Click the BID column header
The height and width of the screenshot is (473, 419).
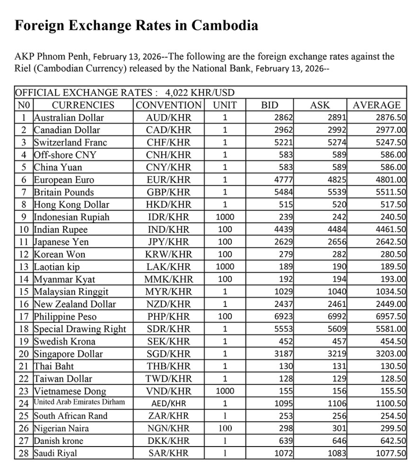270,105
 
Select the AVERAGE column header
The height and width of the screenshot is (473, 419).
376,105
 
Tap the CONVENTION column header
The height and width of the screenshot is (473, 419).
168,105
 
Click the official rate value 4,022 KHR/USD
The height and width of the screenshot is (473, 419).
200,92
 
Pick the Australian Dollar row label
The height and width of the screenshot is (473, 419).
69,117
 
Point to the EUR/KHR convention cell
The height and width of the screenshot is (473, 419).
168,180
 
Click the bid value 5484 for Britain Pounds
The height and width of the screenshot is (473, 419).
284,192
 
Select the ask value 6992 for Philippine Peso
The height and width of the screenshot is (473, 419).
337,316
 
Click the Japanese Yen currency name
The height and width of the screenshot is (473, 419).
61,242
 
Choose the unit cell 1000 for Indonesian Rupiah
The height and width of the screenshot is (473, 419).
225,217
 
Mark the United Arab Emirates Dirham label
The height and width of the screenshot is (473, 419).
79,403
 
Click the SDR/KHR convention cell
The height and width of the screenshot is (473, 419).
168,329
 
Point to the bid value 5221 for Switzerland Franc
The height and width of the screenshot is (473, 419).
284,142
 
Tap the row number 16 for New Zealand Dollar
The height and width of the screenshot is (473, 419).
24,304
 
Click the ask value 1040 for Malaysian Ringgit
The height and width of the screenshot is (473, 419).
337,291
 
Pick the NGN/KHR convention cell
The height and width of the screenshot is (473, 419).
168,429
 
